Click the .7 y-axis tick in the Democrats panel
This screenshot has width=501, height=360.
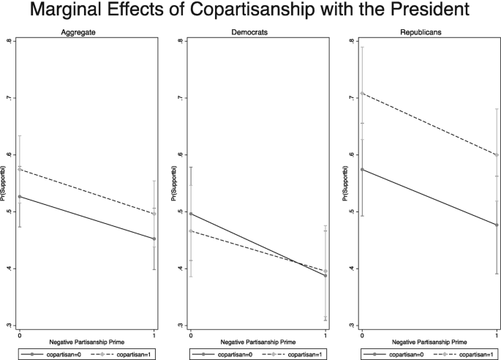179,98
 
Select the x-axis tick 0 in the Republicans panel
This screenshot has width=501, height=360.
362,334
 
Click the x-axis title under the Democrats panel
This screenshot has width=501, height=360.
258,342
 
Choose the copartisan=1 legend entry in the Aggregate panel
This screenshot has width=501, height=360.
128,354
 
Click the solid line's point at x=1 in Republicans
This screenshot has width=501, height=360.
498,225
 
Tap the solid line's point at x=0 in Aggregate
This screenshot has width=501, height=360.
19,196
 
